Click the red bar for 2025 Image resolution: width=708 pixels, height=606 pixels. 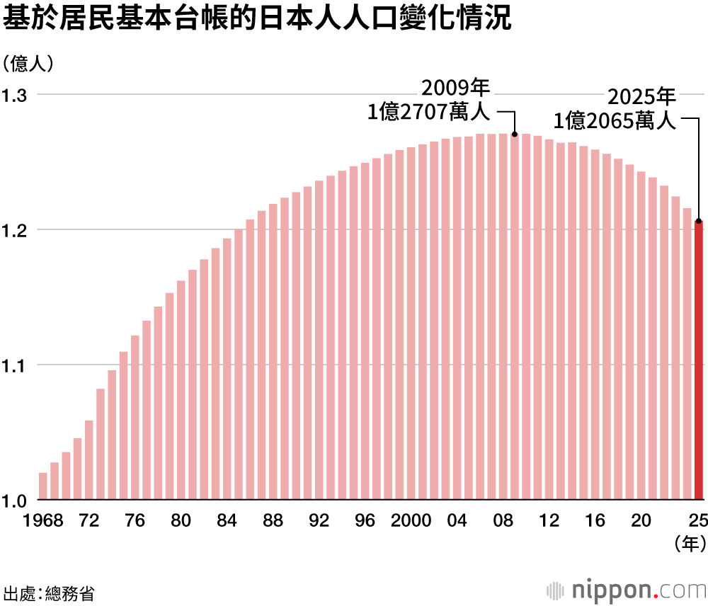pos(700,361)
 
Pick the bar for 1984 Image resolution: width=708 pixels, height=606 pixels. pos(227,369)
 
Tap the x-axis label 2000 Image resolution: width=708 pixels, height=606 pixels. pos(411,520)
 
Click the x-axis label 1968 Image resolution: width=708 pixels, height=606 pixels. pos(43,520)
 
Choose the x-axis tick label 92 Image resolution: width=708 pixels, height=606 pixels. pos(319,520)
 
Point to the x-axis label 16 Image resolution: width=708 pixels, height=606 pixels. pos(596,520)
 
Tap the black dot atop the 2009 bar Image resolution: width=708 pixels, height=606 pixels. pos(515,134)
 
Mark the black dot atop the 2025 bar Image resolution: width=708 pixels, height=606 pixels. pos(700,221)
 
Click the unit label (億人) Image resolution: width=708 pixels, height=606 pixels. pos(28,64)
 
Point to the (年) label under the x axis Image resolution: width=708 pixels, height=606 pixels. pos(687,543)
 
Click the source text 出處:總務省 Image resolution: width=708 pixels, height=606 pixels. pos(48,593)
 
